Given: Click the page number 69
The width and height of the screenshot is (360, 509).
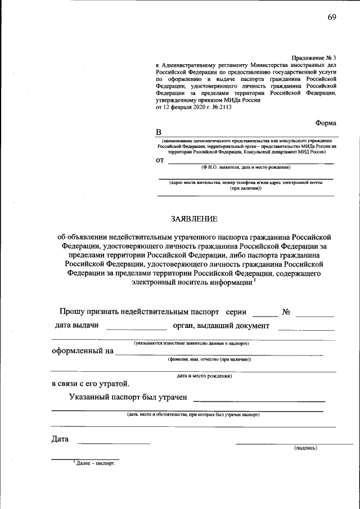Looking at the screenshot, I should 332,17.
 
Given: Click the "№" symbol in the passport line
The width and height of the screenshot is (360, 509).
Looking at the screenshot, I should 285,312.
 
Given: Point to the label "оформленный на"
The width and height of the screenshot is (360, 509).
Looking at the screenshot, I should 83,351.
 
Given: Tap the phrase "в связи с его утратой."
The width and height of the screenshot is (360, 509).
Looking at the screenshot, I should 90,384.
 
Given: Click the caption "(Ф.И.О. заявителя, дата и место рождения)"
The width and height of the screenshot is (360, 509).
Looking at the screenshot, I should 245,168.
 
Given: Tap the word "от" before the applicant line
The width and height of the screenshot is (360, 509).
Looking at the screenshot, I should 160,160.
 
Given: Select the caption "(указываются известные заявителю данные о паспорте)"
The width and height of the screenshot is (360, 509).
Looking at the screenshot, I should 191,343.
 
